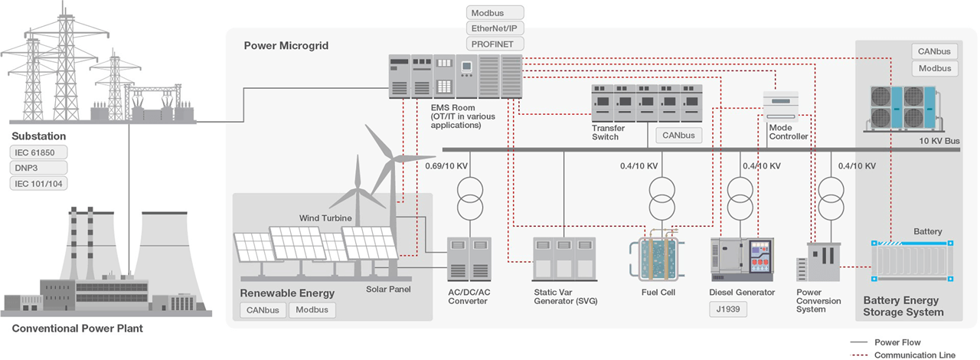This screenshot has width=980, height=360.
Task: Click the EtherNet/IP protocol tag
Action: click(495, 28)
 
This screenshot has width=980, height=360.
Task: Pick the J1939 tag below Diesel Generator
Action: click(727, 310)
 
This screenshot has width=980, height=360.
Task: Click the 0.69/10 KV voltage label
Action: click(446, 165)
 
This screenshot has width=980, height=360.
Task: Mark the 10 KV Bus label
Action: click(939, 142)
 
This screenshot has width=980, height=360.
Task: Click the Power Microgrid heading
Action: click(286, 46)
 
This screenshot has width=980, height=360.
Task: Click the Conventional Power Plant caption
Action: click(77, 329)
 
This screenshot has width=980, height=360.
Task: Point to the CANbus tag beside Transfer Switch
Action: click(679, 136)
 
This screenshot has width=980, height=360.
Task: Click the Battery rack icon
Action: click(912, 261)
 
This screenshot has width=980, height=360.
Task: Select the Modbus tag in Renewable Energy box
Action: click(312, 310)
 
